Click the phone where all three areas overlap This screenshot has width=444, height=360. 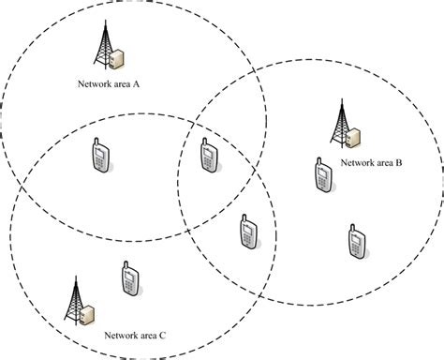tap(209, 157)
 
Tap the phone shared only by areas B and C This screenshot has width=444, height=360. tap(247, 232)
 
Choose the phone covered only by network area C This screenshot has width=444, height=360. tap(130, 279)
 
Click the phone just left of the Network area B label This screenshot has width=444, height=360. tap(321, 174)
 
